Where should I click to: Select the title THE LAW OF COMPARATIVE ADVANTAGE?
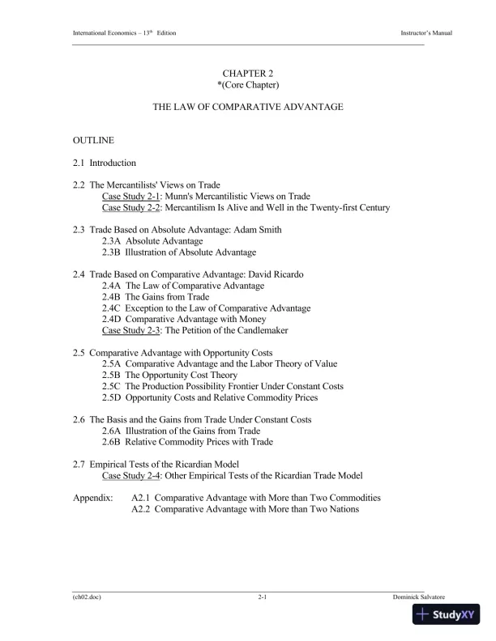coord(248,107)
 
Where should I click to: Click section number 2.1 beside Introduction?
coord(79,163)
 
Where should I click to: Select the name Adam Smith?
coord(259,230)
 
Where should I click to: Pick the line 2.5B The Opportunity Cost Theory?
coord(169,376)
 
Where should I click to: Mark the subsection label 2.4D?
coord(112,320)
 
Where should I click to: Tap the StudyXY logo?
coord(445,614)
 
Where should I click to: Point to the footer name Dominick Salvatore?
coord(421,596)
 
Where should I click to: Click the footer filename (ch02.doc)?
coord(87,596)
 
